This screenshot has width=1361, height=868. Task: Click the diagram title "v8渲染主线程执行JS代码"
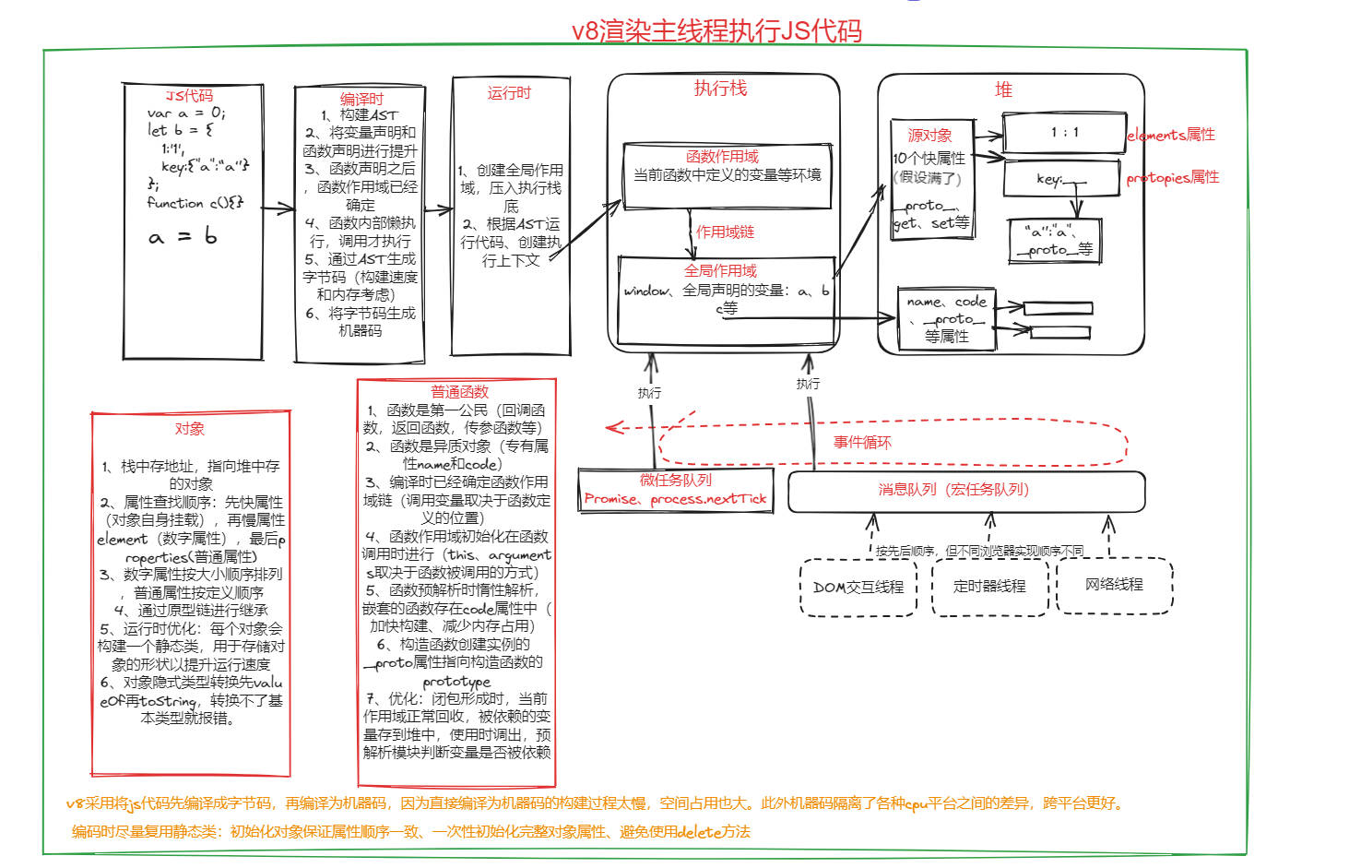pyautogui.click(x=716, y=30)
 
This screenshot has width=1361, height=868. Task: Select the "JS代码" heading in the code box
pyautogui.click(x=189, y=96)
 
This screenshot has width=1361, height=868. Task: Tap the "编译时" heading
pyautogui.click(x=361, y=99)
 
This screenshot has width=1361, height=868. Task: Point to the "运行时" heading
pyautogui.click(x=509, y=93)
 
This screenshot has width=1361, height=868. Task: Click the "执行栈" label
pyautogui.click(x=720, y=89)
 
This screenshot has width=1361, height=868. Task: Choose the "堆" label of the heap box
pyautogui.click(x=1003, y=89)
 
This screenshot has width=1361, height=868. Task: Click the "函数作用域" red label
pyautogui.click(x=722, y=157)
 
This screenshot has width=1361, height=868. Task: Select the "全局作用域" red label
pyautogui.click(x=720, y=271)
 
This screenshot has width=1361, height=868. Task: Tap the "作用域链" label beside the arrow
pyautogui.click(x=725, y=232)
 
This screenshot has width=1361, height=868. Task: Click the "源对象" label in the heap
pyautogui.click(x=929, y=136)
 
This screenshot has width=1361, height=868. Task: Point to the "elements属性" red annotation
pyautogui.click(x=1171, y=135)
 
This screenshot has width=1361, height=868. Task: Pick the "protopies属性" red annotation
pyautogui.click(x=1172, y=177)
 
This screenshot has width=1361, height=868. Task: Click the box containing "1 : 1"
pyautogui.click(x=1063, y=133)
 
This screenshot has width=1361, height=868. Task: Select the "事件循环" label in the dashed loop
pyautogui.click(x=862, y=443)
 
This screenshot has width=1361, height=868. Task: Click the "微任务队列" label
pyautogui.click(x=676, y=481)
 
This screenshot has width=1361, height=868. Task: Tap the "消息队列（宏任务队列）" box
pyautogui.click(x=965, y=491)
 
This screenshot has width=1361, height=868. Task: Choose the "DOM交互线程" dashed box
pyautogui.click(x=858, y=588)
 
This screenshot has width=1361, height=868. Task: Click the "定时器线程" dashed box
pyautogui.click(x=989, y=587)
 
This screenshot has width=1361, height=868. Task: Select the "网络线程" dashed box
pyautogui.click(x=1114, y=585)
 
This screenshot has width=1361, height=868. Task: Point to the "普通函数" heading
pyautogui.click(x=459, y=392)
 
